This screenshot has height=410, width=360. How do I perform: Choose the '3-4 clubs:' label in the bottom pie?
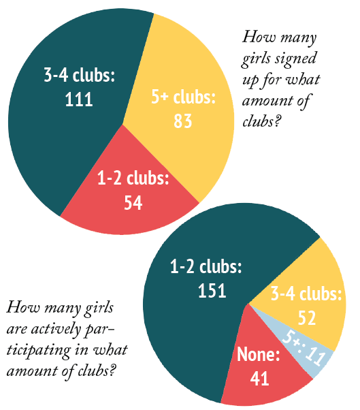306,295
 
